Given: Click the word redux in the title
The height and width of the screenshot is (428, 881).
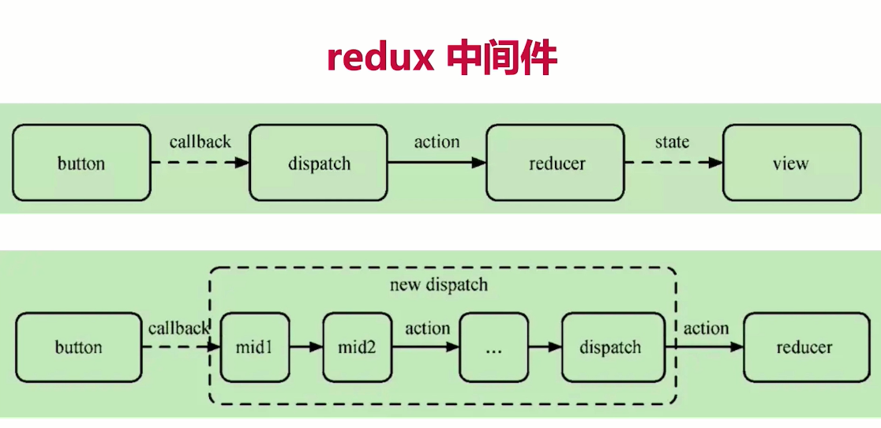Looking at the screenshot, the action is (x=381, y=58).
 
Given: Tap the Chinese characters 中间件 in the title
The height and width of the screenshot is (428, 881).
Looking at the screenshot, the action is (x=502, y=58).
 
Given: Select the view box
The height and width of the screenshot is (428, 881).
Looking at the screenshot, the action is (x=792, y=163).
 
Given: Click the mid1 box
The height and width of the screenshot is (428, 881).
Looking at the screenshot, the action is (x=255, y=347).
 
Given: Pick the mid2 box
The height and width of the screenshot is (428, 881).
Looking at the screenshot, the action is (x=358, y=347).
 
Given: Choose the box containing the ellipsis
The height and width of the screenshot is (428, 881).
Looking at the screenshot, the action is (x=494, y=347).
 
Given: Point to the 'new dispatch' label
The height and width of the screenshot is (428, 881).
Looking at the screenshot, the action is (x=439, y=285).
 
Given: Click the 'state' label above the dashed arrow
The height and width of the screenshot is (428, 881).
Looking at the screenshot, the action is (x=672, y=142).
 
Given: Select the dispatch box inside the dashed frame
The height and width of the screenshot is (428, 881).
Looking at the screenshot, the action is (x=613, y=347).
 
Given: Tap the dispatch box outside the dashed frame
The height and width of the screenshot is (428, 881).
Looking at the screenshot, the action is (x=319, y=163).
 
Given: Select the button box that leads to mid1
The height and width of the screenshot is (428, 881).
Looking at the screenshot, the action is (x=79, y=347).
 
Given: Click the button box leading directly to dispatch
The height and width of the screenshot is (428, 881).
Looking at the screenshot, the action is (x=81, y=163).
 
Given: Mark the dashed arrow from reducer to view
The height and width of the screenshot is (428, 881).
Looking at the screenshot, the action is (x=673, y=163).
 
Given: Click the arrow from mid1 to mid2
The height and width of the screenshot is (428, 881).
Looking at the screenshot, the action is (x=306, y=347).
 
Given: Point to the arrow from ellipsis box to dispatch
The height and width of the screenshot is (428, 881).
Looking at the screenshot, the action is (x=545, y=347).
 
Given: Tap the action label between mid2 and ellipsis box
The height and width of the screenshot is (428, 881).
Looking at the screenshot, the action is (x=428, y=328).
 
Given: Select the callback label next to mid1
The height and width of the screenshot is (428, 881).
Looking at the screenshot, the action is (x=178, y=328).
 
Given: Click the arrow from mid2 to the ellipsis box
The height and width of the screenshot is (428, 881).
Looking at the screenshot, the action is (x=426, y=347).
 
